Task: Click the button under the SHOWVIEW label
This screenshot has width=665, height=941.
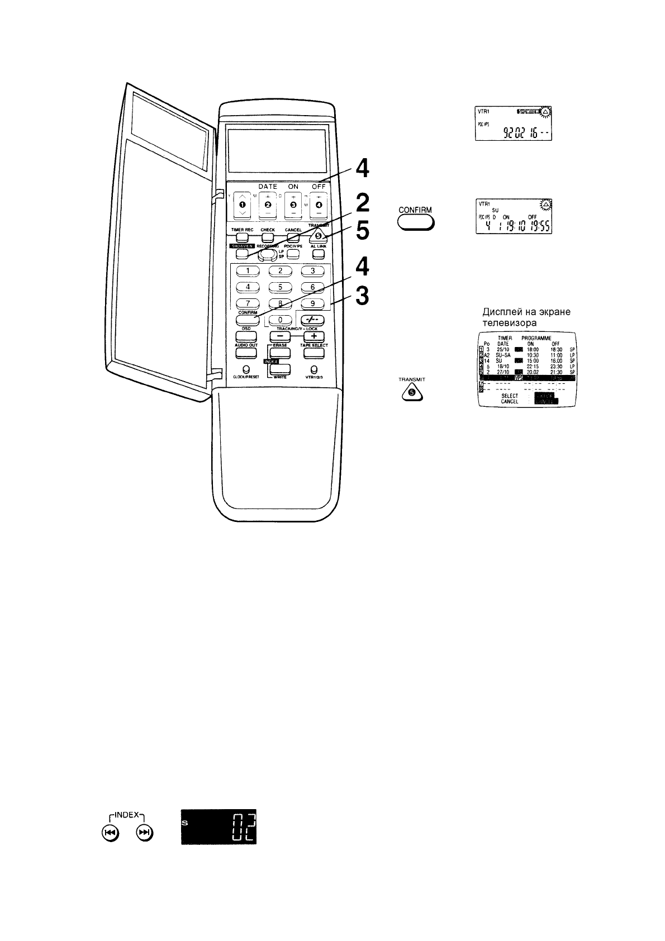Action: pyautogui.click(x=242, y=253)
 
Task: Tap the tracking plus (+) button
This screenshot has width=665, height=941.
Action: pyautogui.click(x=313, y=336)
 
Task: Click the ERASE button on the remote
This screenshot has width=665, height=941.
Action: pyautogui.click(x=279, y=353)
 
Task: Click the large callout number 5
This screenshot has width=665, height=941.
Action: pyautogui.click(x=363, y=230)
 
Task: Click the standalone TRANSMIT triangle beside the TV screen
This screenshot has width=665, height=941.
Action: pyautogui.click(x=412, y=393)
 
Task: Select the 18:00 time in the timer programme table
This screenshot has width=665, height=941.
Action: pyautogui.click(x=532, y=349)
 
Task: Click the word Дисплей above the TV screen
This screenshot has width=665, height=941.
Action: pyautogui.click(x=500, y=312)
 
